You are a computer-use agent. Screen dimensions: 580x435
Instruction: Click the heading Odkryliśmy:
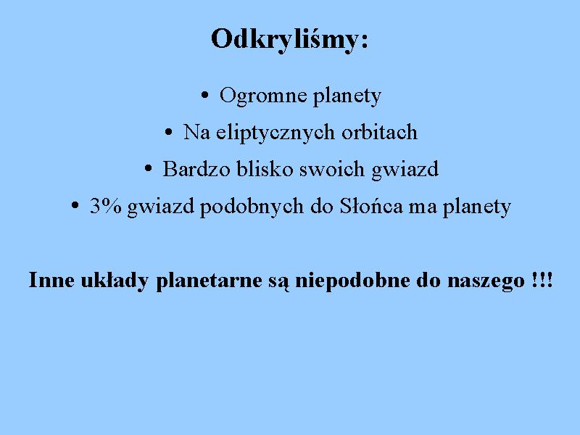[x=289, y=40]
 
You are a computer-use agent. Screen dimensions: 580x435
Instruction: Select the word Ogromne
[x=263, y=96]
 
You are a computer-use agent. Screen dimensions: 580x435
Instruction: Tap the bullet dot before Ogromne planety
[x=204, y=95]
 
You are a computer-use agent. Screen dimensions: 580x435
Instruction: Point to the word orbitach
[x=379, y=132]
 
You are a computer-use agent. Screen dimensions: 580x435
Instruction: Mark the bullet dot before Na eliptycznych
[x=168, y=132]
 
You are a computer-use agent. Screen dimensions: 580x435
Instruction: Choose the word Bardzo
[x=196, y=169]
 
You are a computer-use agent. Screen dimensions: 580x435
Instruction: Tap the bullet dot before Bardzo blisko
[x=148, y=169]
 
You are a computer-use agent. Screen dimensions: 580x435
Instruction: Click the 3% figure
[x=106, y=206]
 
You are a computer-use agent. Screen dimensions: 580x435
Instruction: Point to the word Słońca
[x=371, y=206]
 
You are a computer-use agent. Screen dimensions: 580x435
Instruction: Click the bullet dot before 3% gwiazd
[x=75, y=205]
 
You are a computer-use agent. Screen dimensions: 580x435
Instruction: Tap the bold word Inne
[x=51, y=280]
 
